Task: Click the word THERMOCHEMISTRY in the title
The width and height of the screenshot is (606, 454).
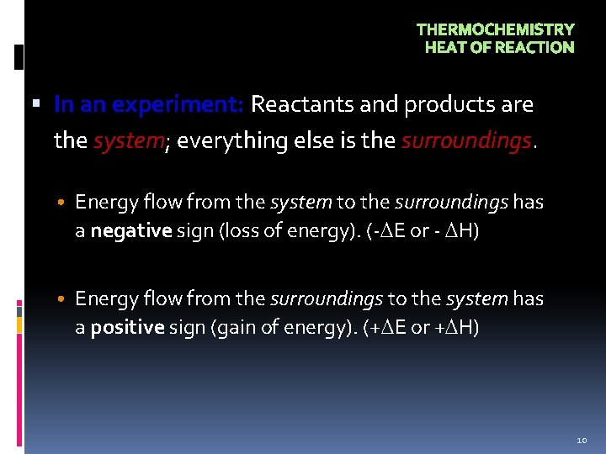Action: (495, 29)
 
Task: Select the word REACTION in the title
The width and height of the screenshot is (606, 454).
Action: (534, 48)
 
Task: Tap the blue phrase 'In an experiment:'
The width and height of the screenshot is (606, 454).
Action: (149, 105)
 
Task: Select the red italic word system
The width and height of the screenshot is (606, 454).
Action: (125, 140)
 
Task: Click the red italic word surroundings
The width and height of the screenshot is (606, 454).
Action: (466, 140)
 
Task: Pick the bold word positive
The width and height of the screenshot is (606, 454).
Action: (127, 328)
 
